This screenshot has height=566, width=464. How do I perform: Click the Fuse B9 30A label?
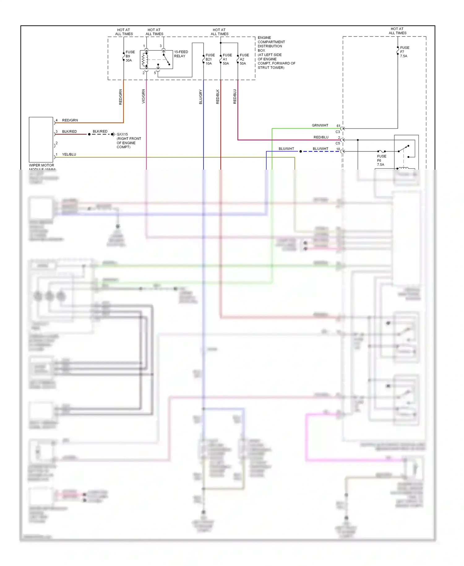[130, 56]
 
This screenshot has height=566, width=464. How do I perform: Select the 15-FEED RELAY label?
[181, 54]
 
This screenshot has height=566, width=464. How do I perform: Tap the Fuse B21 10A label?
[210, 59]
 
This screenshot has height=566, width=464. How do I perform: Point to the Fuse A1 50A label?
[227, 59]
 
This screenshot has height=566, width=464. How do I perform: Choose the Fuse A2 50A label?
[244, 59]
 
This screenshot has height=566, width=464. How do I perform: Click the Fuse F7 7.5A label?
[404, 52]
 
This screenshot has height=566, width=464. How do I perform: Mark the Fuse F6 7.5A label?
[381, 160]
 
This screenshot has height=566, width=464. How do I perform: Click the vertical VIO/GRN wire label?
[143, 96]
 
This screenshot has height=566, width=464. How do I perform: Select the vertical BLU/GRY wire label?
[200, 97]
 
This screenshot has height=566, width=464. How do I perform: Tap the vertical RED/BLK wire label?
[217, 97]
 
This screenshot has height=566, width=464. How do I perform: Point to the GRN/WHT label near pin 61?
[320, 125]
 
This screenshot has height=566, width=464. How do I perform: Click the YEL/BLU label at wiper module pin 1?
[69, 154]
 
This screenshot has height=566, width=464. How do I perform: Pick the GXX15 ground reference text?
[122, 134]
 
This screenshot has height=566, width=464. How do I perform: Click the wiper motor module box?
[41, 139]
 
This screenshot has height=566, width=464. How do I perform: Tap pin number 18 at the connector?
[338, 149]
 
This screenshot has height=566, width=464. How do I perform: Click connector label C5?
[337, 143]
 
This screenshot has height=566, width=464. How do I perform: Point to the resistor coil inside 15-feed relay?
[143, 60]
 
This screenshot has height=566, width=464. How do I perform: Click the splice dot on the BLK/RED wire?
[89, 134]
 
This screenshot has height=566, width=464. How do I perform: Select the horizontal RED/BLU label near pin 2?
[321, 137]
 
